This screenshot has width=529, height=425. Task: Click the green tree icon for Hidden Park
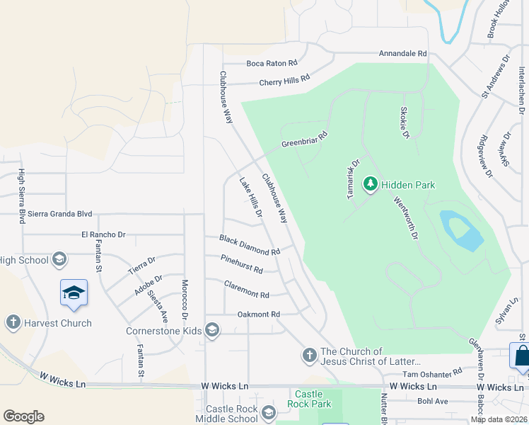(370, 185)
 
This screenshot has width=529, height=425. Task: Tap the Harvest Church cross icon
(12, 323)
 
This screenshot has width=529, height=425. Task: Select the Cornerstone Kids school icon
(211, 329)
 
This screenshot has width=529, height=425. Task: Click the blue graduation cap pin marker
(74, 293)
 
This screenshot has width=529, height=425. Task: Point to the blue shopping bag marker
(521, 356)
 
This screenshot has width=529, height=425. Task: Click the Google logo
(23, 416)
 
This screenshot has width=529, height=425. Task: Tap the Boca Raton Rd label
(272, 63)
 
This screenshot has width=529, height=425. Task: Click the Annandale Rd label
(403, 53)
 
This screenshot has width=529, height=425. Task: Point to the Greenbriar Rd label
(305, 139)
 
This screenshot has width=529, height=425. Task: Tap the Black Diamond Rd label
(250, 246)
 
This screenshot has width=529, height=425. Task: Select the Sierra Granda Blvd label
(61, 213)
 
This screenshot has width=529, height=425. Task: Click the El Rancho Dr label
(103, 234)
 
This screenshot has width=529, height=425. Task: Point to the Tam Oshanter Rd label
(431, 372)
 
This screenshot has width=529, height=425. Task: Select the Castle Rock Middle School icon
(268, 412)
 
